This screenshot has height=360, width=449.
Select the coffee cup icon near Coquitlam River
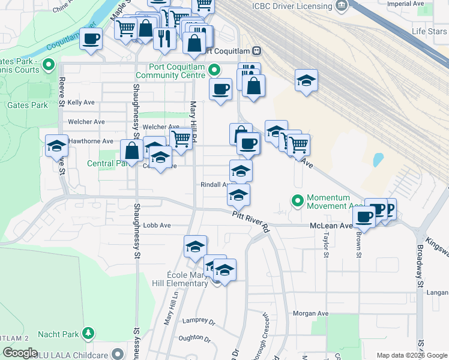coord(91,40)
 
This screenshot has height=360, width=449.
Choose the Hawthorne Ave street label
coord(91,141)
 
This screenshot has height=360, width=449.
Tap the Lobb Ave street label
coord(157,225)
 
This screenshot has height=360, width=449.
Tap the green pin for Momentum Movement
coord(297,201)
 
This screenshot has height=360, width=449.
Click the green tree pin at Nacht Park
coord(88,332)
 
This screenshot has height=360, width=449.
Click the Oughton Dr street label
coord(191,338)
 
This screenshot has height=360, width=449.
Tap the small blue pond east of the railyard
coord(378,160)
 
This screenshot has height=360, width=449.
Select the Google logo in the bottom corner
coord(20,353)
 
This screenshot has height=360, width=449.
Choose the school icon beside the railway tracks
coord(306,81)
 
